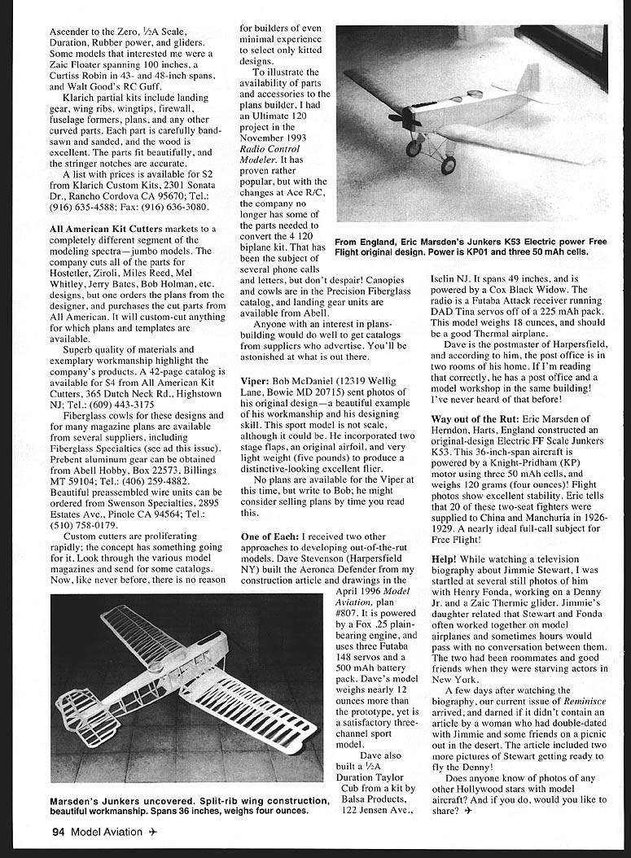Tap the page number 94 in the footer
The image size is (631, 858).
click(58, 831)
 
